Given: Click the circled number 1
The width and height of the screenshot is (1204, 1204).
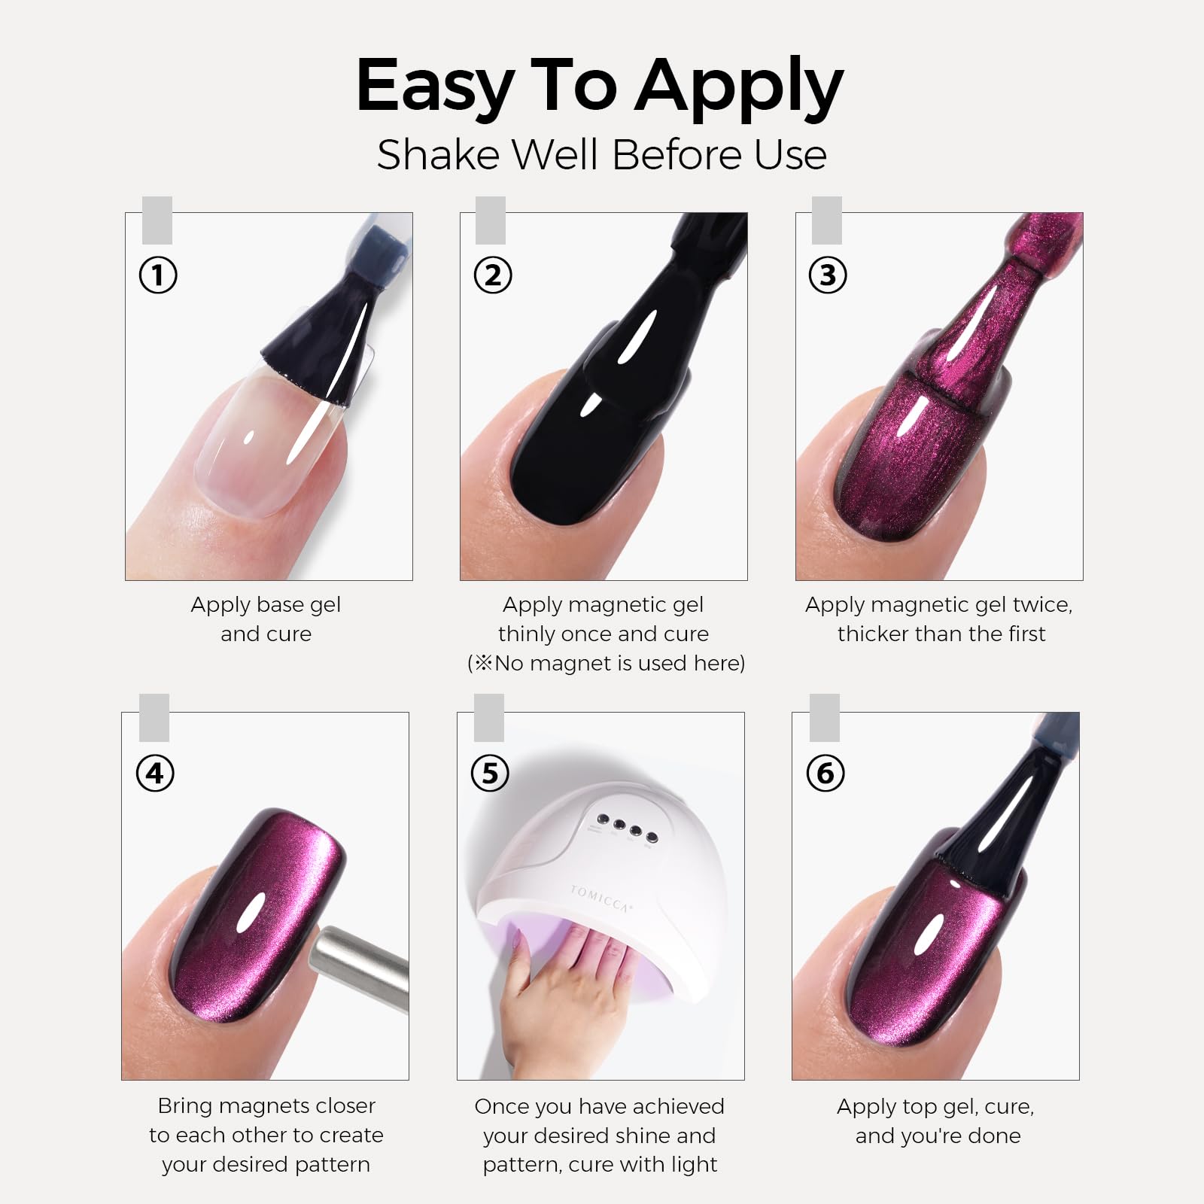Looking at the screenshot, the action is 158,275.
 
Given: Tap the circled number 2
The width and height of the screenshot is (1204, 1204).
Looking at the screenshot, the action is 493,275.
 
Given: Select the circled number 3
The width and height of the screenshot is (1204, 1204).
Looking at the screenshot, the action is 828,275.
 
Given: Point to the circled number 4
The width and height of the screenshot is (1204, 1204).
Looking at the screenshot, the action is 155,774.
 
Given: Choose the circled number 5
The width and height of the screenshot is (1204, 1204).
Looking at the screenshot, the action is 490,774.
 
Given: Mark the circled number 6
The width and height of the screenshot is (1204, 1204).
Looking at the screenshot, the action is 825,774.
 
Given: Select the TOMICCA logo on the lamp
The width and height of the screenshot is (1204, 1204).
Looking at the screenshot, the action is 600,898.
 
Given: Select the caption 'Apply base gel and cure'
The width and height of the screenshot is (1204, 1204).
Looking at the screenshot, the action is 266,619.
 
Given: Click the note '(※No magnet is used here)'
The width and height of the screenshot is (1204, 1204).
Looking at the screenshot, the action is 606,663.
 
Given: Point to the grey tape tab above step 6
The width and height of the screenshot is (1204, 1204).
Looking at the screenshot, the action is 825,718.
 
